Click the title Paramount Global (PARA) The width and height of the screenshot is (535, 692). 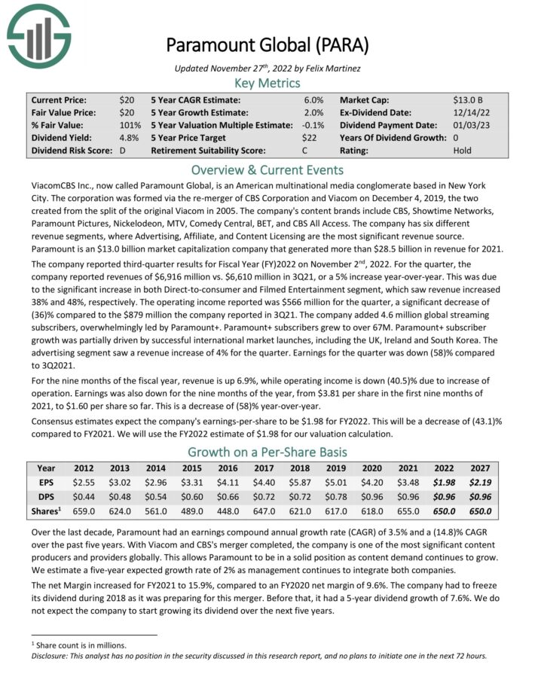pyautogui.click(x=267, y=44)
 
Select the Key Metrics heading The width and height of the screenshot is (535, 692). pyautogui.click(x=267, y=83)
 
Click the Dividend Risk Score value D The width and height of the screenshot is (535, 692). pyautogui.click(x=123, y=151)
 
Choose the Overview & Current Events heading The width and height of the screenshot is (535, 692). pyautogui.click(x=267, y=169)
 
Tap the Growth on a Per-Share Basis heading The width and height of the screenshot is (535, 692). pyautogui.click(x=267, y=453)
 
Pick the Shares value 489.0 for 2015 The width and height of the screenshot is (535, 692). pyautogui.click(x=192, y=511)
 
